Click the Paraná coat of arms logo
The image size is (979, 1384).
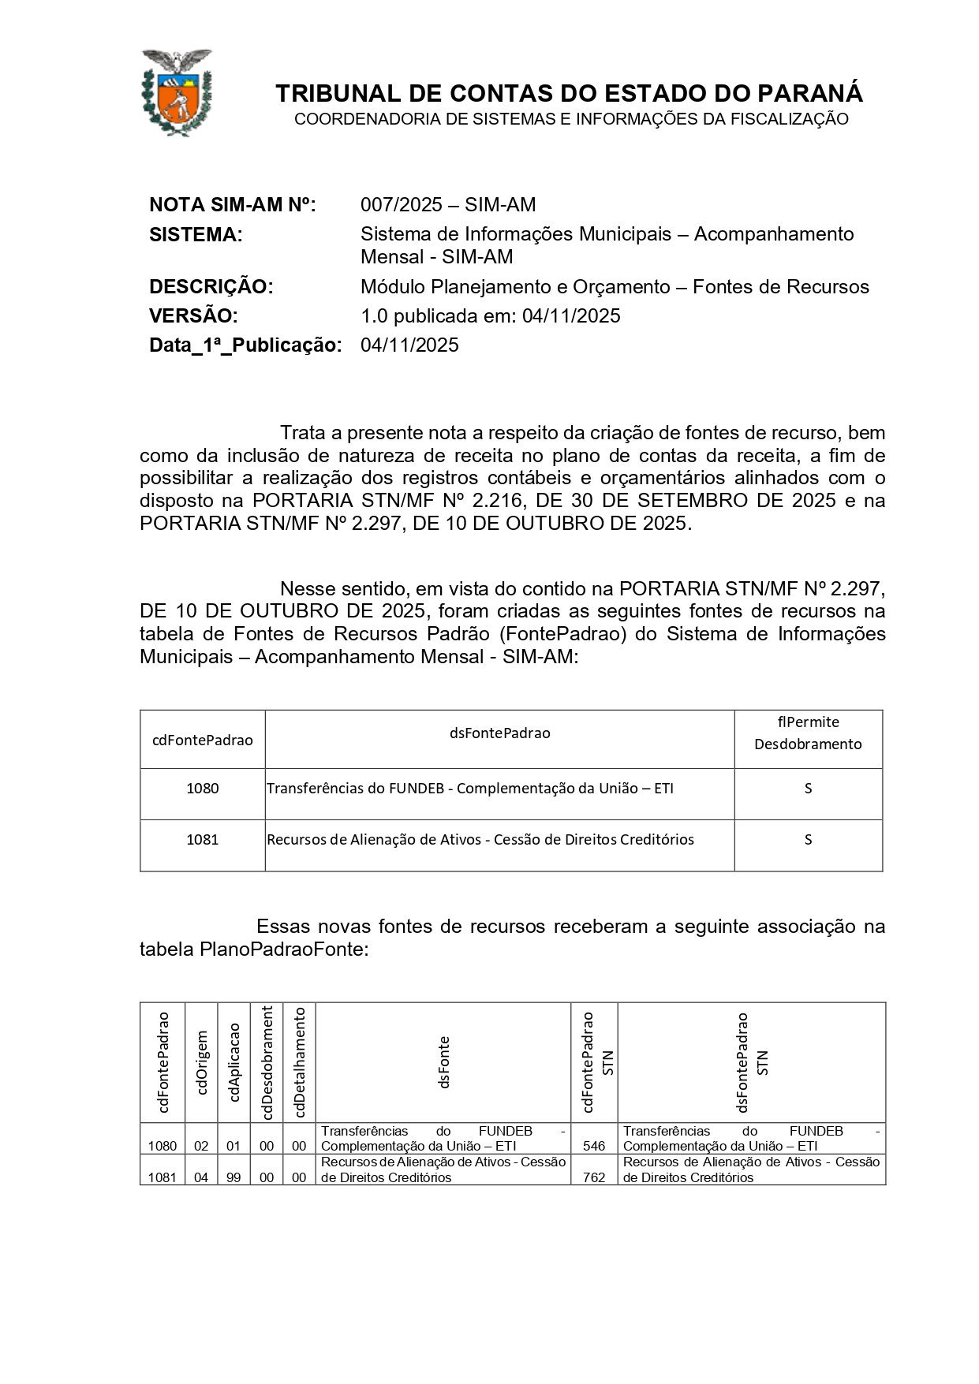click(176, 91)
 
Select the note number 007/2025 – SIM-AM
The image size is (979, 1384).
click(447, 205)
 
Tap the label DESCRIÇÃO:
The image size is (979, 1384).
click(211, 287)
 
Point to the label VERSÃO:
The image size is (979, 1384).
click(192, 316)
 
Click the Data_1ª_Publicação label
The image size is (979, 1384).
click(245, 345)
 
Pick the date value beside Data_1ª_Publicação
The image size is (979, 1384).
click(409, 345)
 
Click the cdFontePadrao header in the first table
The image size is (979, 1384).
click(202, 740)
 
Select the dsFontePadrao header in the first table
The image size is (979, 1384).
click(499, 733)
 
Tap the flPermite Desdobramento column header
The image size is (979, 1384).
click(808, 733)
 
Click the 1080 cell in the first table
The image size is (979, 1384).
click(202, 788)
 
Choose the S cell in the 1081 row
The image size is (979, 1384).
click(808, 840)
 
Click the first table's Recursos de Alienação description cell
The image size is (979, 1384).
click(480, 840)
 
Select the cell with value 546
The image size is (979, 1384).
click(593, 1146)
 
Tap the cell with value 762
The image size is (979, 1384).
click(593, 1177)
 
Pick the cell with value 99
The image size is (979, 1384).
click(234, 1177)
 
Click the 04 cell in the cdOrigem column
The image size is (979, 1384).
click(201, 1177)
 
